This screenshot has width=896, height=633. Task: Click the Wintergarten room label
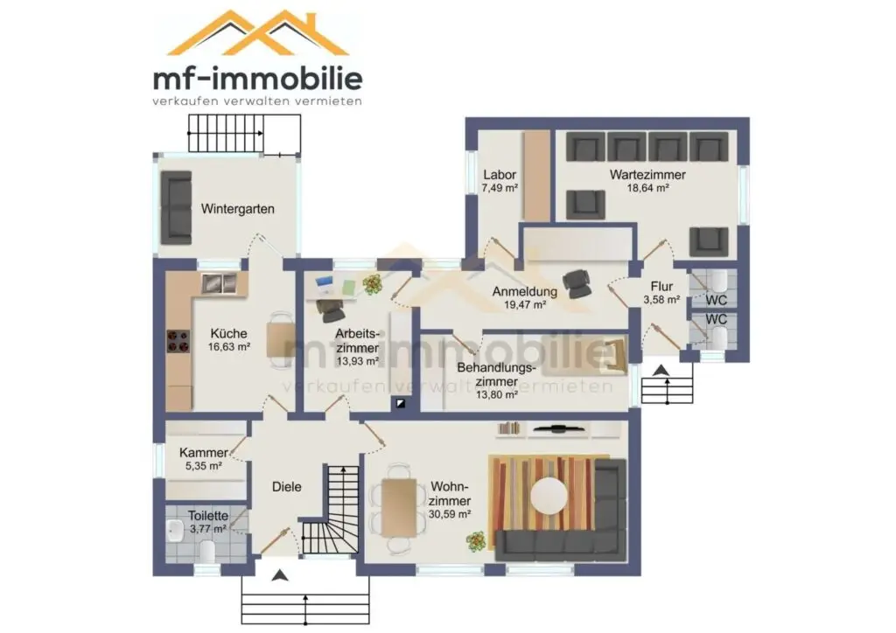point(237,209)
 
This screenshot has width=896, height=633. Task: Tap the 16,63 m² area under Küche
point(229,347)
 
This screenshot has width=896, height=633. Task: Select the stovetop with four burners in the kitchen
point(178,341)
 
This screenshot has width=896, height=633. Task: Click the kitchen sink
point(220,283)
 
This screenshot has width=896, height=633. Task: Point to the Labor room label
point(500,175)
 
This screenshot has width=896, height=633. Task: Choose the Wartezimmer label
point(647,175)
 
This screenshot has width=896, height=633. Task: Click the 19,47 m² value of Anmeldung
point(525,305)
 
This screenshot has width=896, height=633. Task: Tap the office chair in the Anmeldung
point(577,283)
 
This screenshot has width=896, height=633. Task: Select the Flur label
point(661,287)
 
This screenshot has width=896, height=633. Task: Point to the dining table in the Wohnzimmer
point(399,507)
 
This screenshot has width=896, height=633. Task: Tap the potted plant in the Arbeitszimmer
point(373,283)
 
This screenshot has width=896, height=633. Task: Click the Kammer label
point(203,453)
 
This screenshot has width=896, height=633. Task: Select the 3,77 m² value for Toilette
point(208,529)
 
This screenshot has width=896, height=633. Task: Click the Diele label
point(286,487)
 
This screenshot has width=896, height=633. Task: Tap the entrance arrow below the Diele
point(279,575)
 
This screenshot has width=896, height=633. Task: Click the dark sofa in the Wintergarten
point(176,207)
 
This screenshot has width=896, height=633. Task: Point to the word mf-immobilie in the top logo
point(258,80)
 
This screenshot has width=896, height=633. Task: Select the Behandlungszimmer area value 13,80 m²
point(497,394)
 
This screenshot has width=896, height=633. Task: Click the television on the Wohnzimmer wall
point(558,428)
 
